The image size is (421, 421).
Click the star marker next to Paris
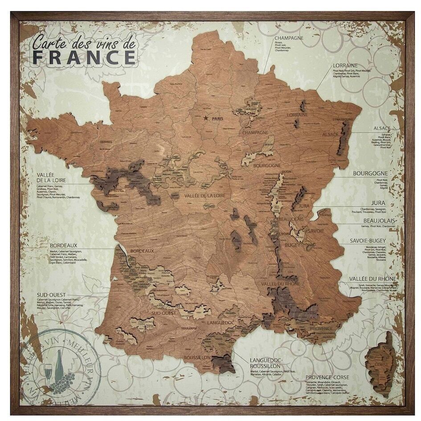205,118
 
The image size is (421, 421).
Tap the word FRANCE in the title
84,57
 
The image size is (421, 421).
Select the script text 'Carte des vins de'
83,43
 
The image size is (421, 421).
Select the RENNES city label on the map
106,142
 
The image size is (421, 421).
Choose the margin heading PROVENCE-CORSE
327,377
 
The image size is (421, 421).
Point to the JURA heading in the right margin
380,202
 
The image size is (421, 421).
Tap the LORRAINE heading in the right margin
346,65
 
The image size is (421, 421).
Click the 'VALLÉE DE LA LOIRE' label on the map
204,196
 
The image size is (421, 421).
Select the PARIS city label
217,119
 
